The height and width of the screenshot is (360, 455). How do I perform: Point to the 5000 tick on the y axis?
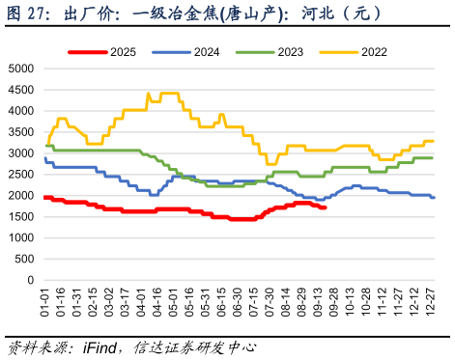pos(20,69)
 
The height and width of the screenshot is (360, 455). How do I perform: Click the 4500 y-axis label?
pos(20,91)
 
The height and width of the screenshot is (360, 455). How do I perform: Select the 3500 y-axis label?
pos(20,132)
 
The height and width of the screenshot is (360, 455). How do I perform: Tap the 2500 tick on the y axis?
pos(20,175)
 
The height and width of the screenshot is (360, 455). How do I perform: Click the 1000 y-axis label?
pos(20,237)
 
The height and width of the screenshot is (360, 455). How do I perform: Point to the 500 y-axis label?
pos(23,259)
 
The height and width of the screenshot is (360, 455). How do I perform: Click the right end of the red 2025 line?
pos(326,208)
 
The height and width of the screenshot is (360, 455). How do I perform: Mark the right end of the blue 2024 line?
pos(434,198)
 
